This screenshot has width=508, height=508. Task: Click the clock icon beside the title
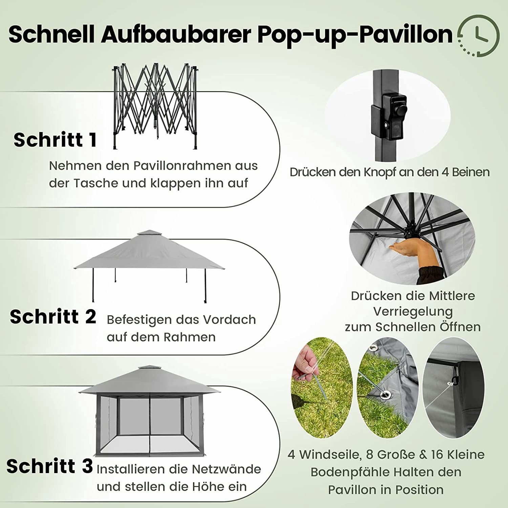[x=478, y=35]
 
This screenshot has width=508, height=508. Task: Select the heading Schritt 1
[x=55, y=140]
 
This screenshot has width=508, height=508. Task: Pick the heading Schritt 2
[x=53, y=317]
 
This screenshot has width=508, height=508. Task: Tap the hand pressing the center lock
[x=406, y=249]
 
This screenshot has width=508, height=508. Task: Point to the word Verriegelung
[x=413, y=312]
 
